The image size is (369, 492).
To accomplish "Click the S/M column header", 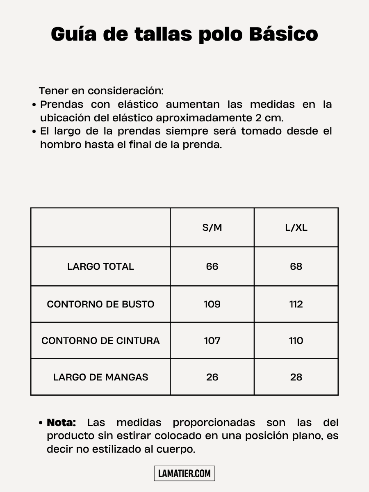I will tap(212, 228).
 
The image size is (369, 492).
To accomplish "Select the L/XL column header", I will tap(296, 228).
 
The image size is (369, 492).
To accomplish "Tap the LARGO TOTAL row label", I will tap(100, 266).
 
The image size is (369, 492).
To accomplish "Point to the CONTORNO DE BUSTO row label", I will tap(100, 304).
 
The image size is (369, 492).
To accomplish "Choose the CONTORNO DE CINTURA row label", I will tap(100, 341).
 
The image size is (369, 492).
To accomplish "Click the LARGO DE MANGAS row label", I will tap(100, 377).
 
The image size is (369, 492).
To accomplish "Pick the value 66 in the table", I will tap(212, 266).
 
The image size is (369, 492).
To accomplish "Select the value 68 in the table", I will tap(296, 266).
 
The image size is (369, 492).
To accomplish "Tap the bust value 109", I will tap(212, 304).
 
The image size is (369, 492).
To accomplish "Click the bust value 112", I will tap(296, 304).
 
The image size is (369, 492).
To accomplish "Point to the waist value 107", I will tap(212, 341).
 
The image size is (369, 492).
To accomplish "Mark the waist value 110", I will tap(296, 341).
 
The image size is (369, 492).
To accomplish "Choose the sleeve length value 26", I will tap(212, 377).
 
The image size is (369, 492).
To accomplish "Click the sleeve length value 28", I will tap(296, 377).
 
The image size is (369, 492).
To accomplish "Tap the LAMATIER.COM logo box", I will tap(184, 474).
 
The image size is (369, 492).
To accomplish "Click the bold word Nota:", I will tap(61, 423).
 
